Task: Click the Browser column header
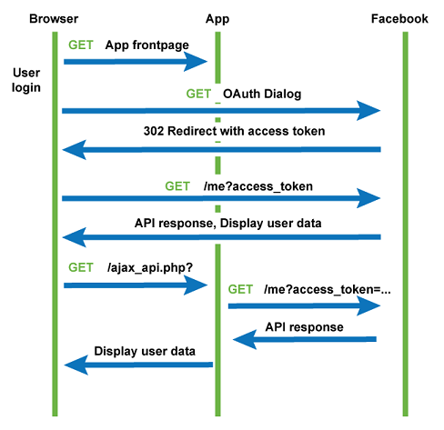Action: (53, 18)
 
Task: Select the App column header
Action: (217, 18)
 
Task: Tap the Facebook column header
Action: (399, 18)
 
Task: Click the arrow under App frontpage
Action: (136, 62)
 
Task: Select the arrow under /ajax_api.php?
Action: (136, 285)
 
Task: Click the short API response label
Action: (304, 326)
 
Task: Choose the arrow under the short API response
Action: (305, 340)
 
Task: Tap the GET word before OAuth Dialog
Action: (198, 94)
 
